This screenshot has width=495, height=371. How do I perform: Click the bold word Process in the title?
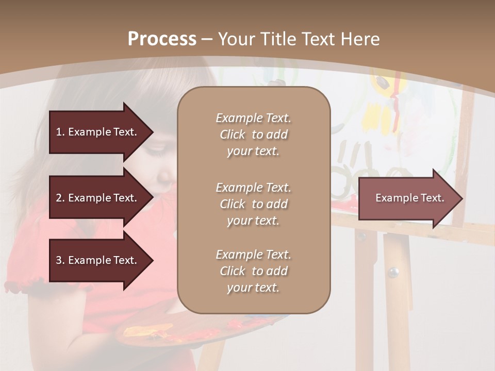tap(162, 39)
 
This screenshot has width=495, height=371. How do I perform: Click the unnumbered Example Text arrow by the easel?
tap(410, 198)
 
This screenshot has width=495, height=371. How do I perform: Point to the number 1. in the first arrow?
tap(60, 132)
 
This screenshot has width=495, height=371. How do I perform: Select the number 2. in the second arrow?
tap(60, 198)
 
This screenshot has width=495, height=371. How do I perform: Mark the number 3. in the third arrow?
tap(60, 260)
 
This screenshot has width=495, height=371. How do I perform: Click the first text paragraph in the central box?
tap(253, 134)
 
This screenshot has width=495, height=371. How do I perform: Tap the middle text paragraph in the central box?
tap(253, 204)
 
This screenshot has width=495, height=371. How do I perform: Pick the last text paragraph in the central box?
tap(253, 271)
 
